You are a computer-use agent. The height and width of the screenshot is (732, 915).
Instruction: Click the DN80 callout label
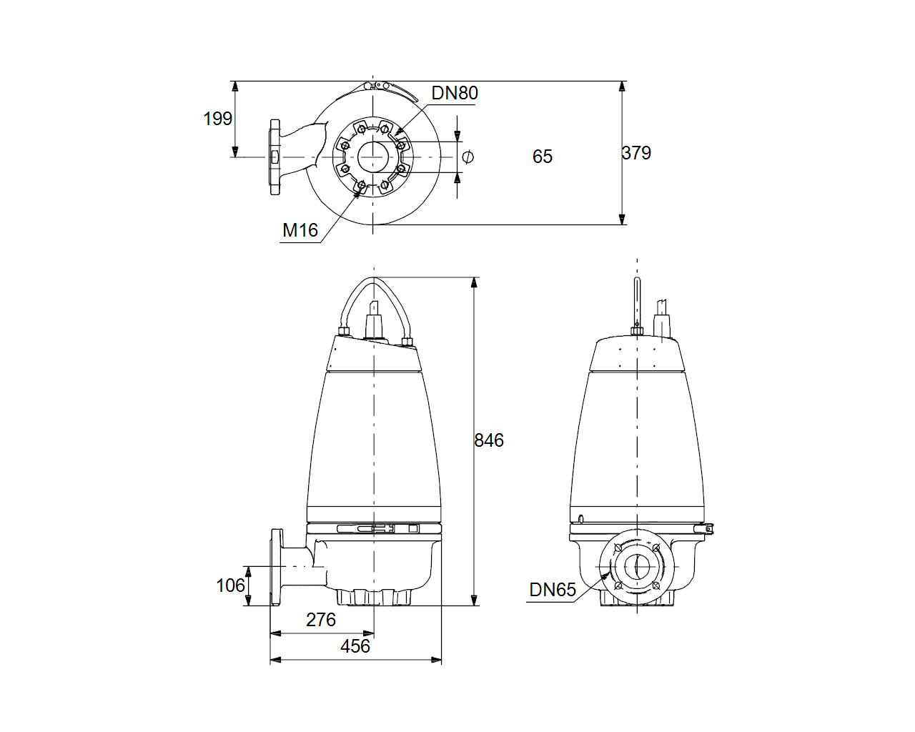455,93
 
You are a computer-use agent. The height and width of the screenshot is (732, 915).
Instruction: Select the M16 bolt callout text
300,230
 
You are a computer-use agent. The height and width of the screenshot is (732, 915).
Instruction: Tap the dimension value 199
218,119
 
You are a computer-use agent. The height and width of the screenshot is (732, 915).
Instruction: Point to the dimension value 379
636,153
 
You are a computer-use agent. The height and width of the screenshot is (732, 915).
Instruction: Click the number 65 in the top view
543,157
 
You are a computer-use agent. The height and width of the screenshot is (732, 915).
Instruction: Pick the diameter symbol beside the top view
468,157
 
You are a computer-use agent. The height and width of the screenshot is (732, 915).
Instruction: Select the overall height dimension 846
489,440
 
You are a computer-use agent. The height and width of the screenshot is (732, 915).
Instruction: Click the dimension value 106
230,585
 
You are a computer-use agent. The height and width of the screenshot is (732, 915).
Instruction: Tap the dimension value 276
321,620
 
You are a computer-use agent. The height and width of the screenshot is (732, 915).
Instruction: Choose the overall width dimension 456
355,646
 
